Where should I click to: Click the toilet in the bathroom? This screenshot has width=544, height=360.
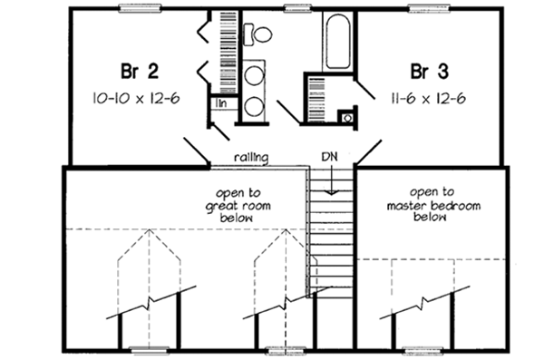(x=260, y=35)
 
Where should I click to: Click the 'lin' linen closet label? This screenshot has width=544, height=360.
(x=220, y=103)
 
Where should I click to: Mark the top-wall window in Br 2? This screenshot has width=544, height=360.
(x=136, y=9)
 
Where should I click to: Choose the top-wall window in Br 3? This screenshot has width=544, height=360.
(x=424, y=9)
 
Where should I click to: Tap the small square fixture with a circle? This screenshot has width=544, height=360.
(x=345, y=116)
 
